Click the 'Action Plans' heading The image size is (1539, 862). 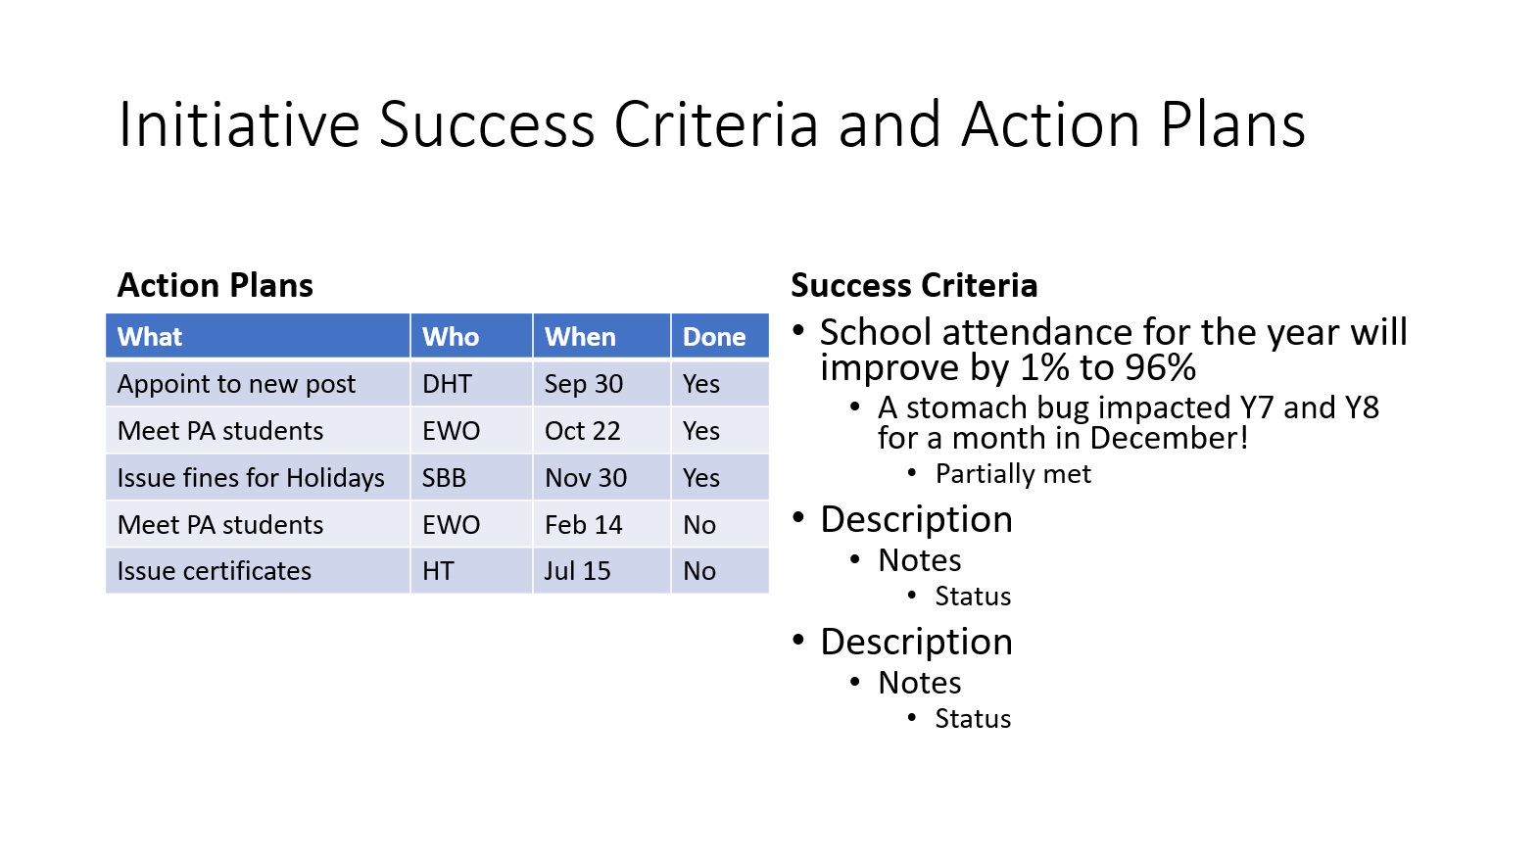[x=216, y=286]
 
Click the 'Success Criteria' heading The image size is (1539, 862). [x=914, y=286]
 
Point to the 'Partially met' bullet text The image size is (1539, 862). [x=1013, y=474]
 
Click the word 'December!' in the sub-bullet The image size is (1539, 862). [x=1169, y=438]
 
